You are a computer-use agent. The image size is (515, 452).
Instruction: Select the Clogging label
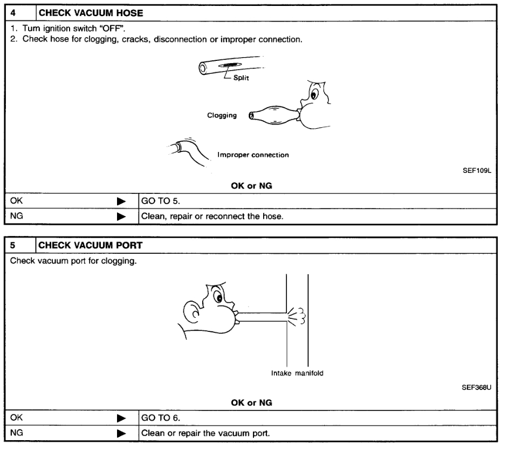[x=222, y=115]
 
